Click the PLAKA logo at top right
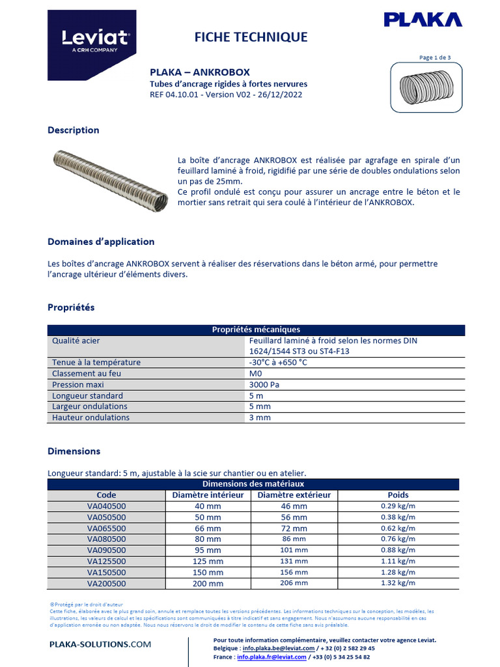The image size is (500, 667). pos(423,20)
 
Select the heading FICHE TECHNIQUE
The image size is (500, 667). pos(251,37)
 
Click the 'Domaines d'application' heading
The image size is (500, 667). pos(101,242)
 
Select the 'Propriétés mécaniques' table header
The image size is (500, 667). pos(256,330)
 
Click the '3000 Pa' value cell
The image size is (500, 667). pos(264,384)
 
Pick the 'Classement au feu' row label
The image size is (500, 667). pos(87,373)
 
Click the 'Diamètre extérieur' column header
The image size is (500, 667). pos(294,495)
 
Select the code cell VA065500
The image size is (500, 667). pos(106,528)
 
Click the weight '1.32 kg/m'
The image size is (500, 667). pos(398,584)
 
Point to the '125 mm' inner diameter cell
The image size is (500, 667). pos(208,561)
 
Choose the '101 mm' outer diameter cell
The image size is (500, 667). pos(294,550)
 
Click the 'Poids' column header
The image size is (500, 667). pos(398,495)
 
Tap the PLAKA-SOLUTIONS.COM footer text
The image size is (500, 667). pos(100,644)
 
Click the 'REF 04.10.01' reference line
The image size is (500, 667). pos(226,94)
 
